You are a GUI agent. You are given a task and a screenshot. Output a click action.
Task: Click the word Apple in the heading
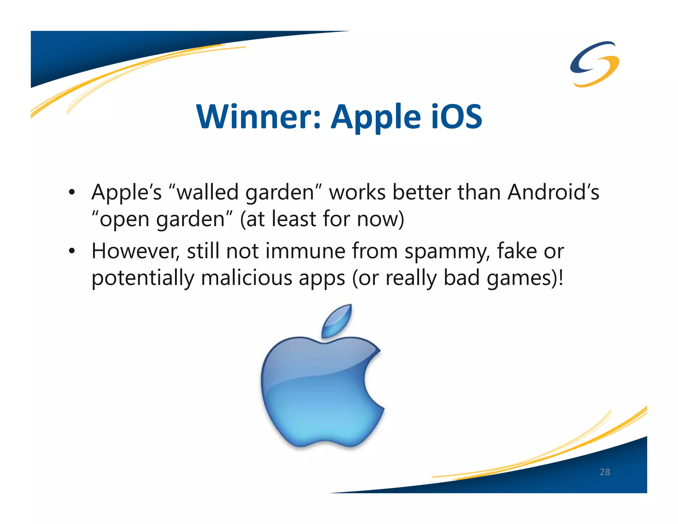(376, 118)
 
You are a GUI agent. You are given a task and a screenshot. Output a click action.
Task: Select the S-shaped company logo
(594, 64)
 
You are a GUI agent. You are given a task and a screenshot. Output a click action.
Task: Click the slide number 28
(605, 472)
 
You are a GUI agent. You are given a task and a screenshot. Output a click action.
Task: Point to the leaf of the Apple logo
(337, 321)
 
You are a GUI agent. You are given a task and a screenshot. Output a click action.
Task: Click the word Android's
(553, 192)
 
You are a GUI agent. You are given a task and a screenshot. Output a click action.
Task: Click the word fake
(517, 251)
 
